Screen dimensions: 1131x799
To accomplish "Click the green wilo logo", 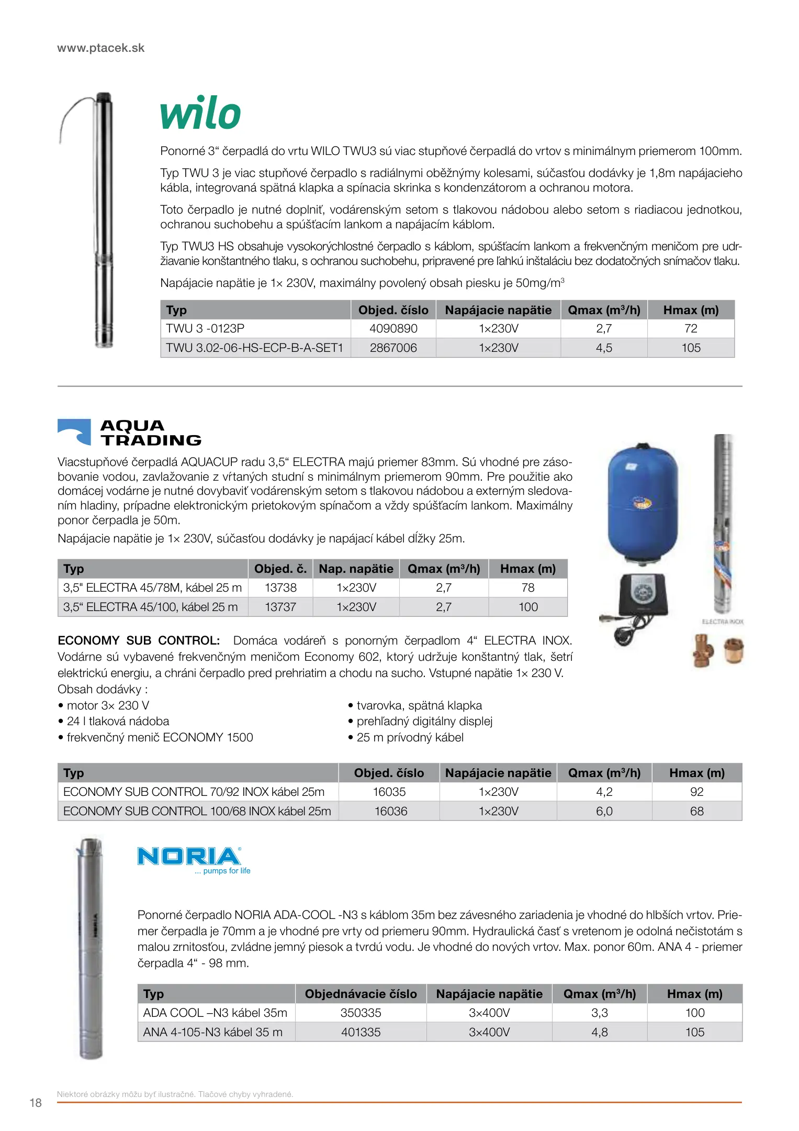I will click(x=200, y=113).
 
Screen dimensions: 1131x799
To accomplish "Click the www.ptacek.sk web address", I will click(x=100, y=48).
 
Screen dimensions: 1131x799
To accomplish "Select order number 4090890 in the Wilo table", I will click(x=393, y=329).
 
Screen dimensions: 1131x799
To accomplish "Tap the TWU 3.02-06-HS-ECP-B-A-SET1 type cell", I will click(x=254, y=348).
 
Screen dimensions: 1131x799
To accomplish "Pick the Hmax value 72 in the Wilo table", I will click(x=691, y=329).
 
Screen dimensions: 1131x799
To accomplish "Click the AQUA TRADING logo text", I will click(x=151, y=433).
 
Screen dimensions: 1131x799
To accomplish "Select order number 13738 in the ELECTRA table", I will click(x=280, y=588).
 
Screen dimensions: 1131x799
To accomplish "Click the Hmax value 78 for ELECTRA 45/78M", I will click(x=528, y=588).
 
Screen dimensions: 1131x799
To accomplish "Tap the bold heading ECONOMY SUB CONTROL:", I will click(x=139, y=641).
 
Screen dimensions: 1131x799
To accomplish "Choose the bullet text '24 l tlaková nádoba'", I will click(x=118, y=722).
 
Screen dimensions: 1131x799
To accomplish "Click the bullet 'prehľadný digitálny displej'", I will click(x=424, y=722).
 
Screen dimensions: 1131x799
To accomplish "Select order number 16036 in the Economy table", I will click(x=390, y=812).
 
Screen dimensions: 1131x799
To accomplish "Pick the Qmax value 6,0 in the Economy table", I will click(x=604, y=812).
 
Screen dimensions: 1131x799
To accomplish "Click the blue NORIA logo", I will click(x=189, y=857).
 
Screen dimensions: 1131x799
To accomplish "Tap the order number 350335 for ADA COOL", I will click(x=361, y=1013).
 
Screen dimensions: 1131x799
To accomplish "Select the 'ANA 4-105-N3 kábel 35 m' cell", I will click(x=212, y=1033).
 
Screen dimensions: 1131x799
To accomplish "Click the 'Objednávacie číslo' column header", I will click(x=361, y=994).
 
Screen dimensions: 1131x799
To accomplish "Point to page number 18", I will click(x=36, y=1103).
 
